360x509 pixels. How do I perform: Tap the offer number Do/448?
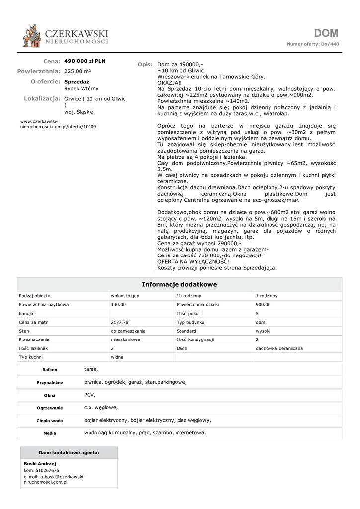(331, 44)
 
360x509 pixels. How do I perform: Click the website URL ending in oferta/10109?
(58, 124)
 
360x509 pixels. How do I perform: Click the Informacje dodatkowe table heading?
(180, 284)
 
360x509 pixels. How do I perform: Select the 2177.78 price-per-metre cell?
(120, 322)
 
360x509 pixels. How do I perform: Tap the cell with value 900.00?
(263, 304)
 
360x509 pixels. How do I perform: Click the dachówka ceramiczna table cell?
(279, 348)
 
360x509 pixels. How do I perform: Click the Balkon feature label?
(50, 370)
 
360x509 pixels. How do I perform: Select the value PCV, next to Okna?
(90, 395)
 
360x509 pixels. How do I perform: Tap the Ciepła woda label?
(50, 421)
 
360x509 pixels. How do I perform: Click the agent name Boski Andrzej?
(40, 464)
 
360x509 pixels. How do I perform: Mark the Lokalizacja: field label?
(42, 99)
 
